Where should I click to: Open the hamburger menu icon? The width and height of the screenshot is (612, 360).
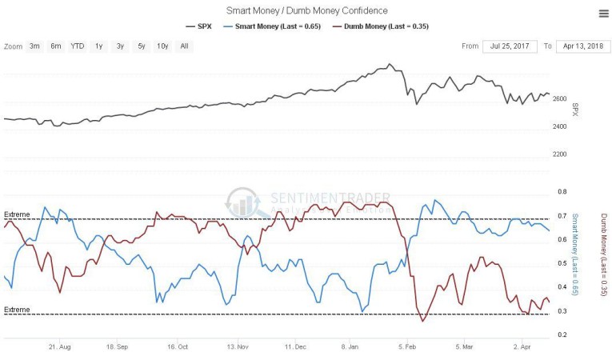(x=602, y=13)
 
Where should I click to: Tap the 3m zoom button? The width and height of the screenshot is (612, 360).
(x=34, y=46)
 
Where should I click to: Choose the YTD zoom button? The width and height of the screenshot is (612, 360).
(x=77, y=46)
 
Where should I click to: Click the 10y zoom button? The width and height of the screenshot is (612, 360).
(x=162, y=46)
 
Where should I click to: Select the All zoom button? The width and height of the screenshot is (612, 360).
(x=184, y=46)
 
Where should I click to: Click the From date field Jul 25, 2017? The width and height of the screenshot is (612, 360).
(x=509, y=46)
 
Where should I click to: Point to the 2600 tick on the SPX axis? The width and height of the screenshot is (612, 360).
(x=561, y=99)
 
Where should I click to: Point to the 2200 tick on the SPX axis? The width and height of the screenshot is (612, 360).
(x=561, y=154)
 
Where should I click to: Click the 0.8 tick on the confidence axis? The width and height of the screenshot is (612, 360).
(x=562, y=192)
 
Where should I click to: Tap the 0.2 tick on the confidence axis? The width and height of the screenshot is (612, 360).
(x=562, y=334)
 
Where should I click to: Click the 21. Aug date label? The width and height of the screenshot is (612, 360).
(x=60, y=348)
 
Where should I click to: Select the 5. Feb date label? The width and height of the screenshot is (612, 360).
(x=408, y=348)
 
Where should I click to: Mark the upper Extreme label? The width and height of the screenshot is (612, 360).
(x=17, y=214)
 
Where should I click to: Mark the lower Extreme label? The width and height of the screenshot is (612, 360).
(x=17, y=310)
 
